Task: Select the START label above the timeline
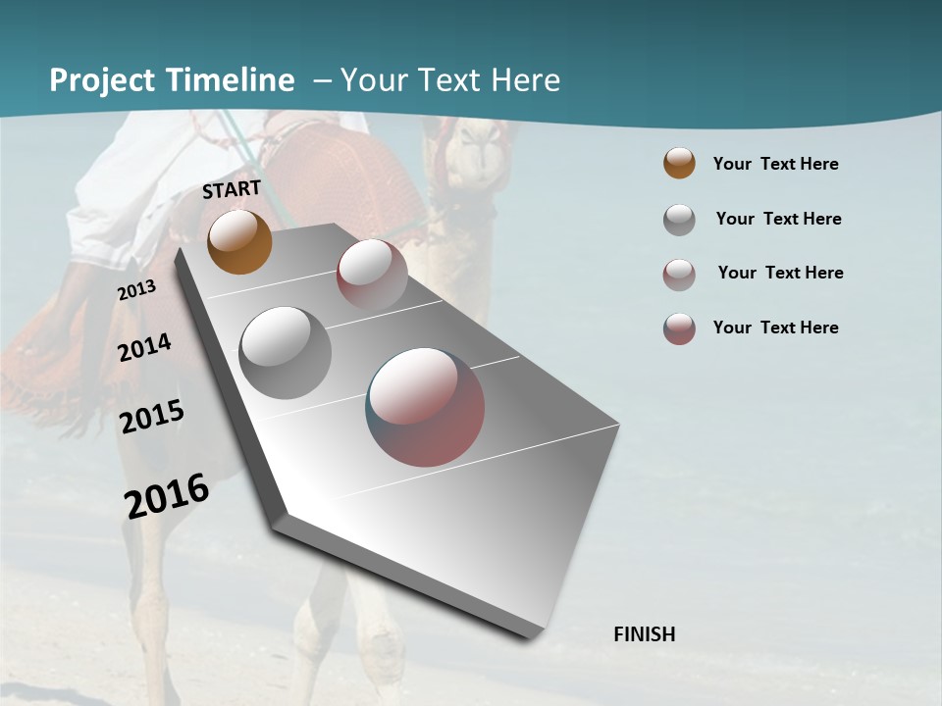(232, 189)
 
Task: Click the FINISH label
(645, 634)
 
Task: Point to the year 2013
(136, 290)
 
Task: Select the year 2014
(144, 347)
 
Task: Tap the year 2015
(152, 417)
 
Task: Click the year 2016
(167, 495)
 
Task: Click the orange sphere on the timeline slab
(240, 241)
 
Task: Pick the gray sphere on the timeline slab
(286, 353)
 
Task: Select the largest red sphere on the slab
(426, 406)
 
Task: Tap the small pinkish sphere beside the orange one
(372, 274)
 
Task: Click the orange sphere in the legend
(679, 163)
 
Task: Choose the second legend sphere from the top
(679, 219)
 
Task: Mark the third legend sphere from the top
(679, 274)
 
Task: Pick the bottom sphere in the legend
(679, 328)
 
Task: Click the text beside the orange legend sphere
(776, 164)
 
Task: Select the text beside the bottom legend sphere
(776, 328)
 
